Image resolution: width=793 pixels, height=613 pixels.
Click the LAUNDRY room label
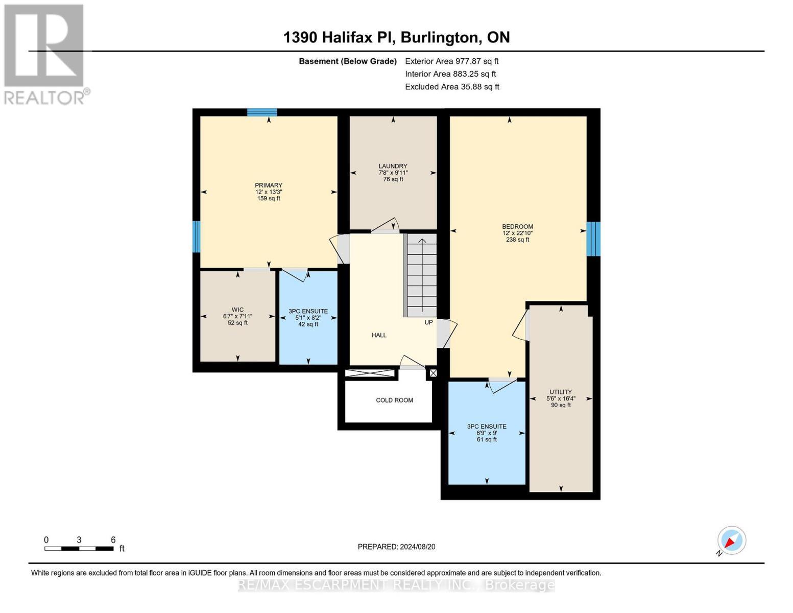[x=393, y=166]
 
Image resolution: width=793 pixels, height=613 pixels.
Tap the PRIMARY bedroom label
[x=269, y=185]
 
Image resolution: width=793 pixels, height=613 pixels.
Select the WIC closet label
[x=237, y=310]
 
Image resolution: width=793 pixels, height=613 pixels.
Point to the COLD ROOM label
[x=394, y=400]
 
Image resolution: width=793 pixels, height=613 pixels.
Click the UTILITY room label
[x=561, y=392]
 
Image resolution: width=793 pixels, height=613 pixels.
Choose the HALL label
[x=379, y=335]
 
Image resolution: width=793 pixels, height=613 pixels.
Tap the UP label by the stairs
[x=428, y=322]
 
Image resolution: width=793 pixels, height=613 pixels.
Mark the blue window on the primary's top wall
[x=262, y=112]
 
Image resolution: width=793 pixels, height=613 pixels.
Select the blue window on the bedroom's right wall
[x=593, y=239]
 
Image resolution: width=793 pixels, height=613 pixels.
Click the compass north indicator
[x=731, y=540]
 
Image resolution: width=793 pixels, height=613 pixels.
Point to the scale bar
[x=79, y=549]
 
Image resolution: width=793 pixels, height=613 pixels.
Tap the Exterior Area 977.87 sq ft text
[x=451, y=61]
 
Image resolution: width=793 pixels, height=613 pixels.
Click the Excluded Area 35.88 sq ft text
[x=452, y=87]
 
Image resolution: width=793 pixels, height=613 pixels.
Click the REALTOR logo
[x=45, y=54]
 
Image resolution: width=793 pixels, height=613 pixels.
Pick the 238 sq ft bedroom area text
[x=517, y=240]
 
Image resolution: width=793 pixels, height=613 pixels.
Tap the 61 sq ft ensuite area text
[x=487, y=439]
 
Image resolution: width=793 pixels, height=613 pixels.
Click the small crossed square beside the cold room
[x=433, y=373]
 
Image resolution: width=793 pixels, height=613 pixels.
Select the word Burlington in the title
[x=439, y=37]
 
